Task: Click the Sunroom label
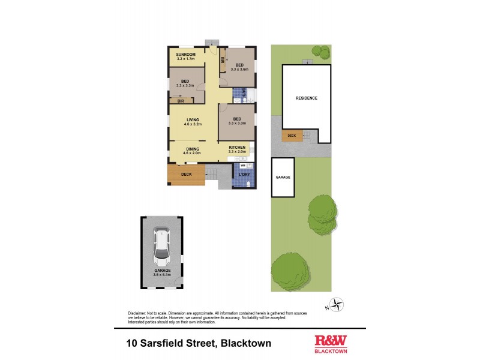pos(185,55)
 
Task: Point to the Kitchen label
pos(237,148)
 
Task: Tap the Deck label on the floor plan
pos(186,175)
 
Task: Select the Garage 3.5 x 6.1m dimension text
pos(161,275)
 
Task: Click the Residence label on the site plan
pos(306,98)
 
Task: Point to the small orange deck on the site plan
pos(292,136)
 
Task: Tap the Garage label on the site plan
pos(283,178)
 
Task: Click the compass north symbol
pos(338,305)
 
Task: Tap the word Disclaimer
pos(139,313)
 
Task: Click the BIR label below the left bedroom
pos(180,101)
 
